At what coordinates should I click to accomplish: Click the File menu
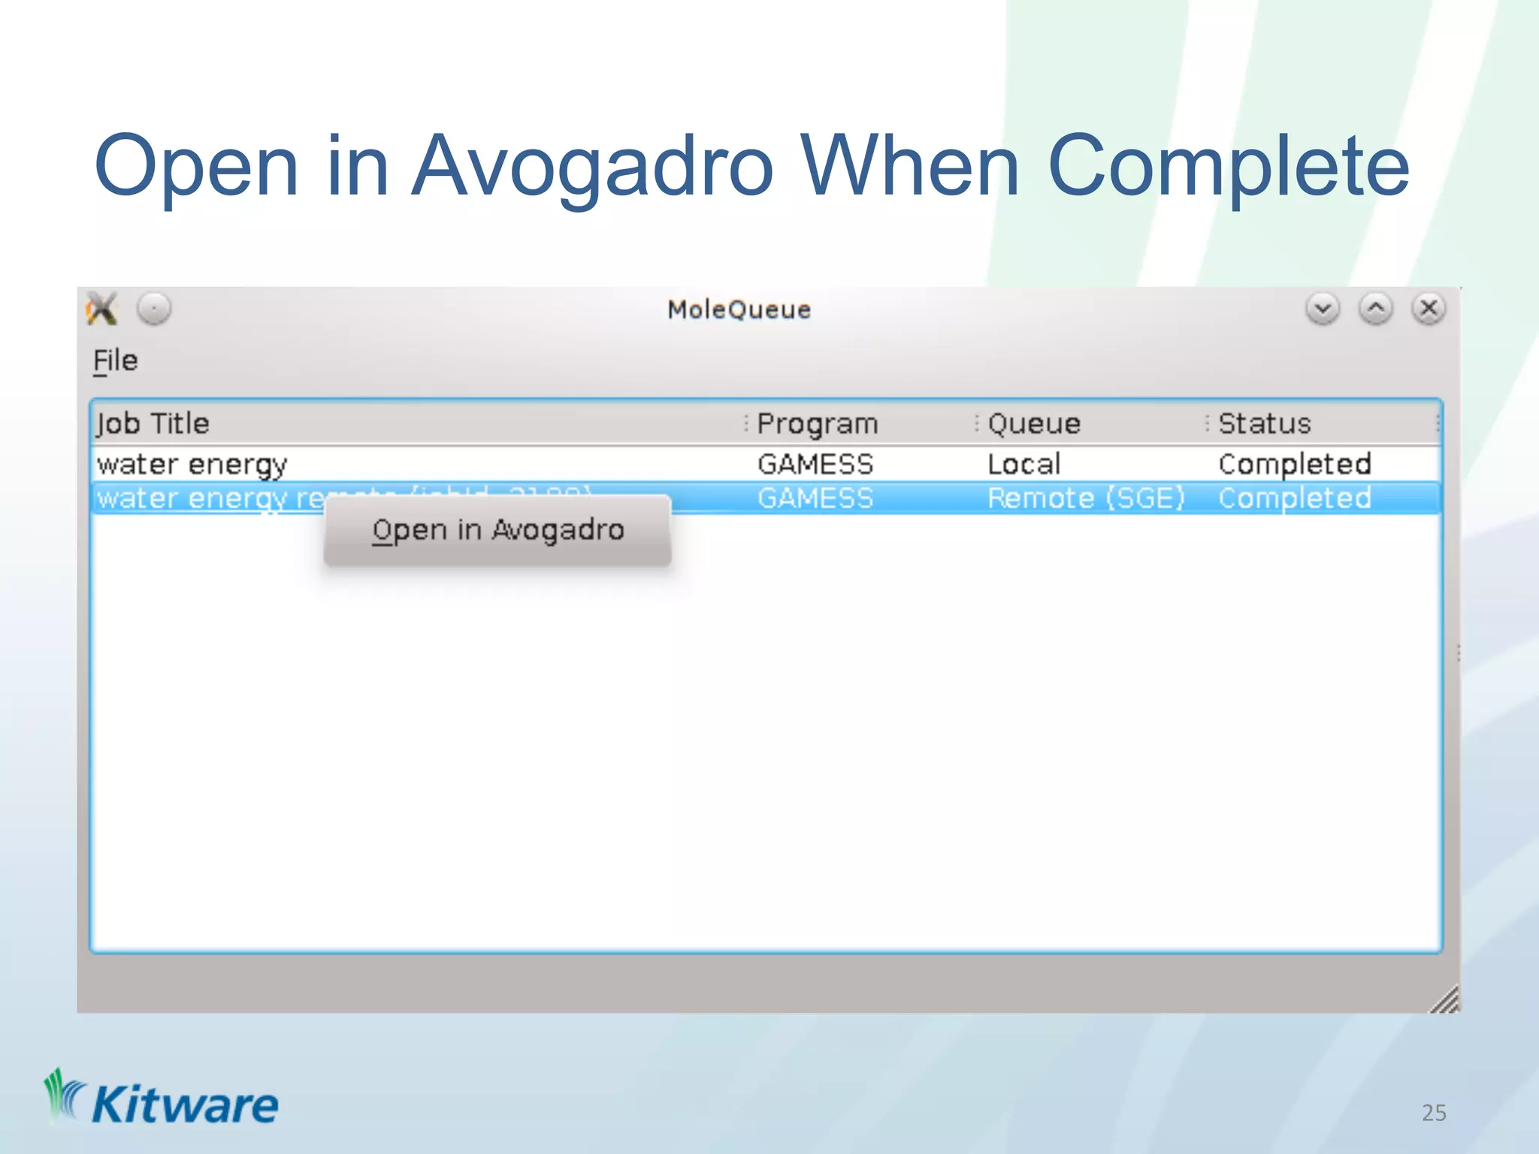tap(115, 361)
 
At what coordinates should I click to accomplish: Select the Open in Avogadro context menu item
tap(497, 530)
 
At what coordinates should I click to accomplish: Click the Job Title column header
tap(153, 424)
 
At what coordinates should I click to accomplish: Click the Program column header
tap(817, 424)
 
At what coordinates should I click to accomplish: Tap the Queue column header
tap(1033, 424)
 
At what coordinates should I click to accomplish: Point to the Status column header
tap(1264, 424)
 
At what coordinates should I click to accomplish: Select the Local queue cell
tap(1023, 464)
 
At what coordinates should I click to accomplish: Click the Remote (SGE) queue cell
tap(1085, 498)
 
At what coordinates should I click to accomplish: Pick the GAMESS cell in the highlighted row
tap(815, 498)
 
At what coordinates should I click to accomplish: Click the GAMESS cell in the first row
tap(815, 464)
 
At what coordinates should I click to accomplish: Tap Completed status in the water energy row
tap(1294, 464)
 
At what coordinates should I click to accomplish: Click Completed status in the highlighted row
tap(1294, 498)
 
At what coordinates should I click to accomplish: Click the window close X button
tap(1428, 309)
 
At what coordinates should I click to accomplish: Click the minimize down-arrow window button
tap(1323, 309)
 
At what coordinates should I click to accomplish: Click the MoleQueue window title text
tap(739, 310)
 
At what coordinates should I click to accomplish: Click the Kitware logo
tap(162, 1101)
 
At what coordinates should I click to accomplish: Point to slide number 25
tap(1433, 1113)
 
